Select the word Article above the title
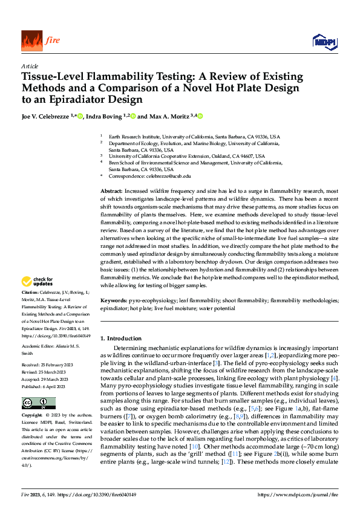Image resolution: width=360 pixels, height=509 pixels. [30, 66]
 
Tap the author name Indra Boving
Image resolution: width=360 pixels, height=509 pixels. [103, 115]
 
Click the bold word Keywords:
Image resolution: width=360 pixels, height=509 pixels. [114, 300]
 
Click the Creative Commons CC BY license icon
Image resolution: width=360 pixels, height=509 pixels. [38, 386]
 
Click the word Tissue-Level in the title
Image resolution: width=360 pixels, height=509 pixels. [52, 77]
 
